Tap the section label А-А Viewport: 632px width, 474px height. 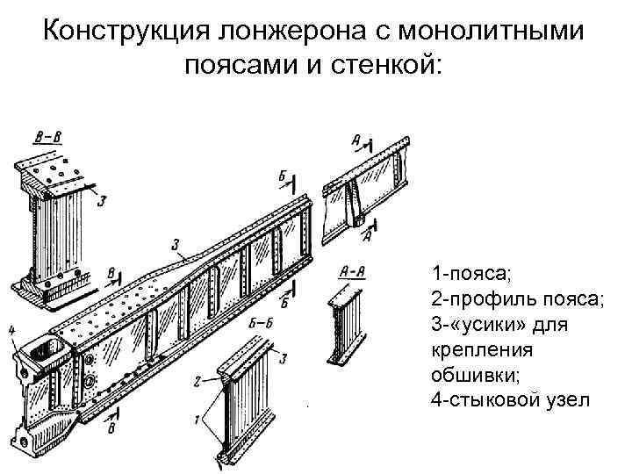click(350, 272)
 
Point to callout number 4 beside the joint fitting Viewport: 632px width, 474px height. click(12, 330)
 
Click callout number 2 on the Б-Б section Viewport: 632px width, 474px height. click(199, 380)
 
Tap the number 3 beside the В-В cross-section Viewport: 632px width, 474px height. click(103, 201)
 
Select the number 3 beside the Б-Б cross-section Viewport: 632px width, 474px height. click(284, 356)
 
